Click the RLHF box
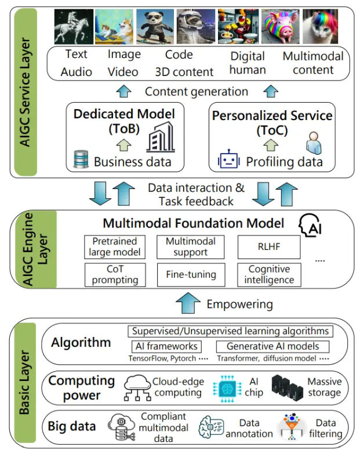(x=269, y=247)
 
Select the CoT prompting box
(x=115, y=274)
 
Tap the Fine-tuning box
(x=190, y=274)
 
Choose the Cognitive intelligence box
(x=269, y=274)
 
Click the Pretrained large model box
(x=115, y=247)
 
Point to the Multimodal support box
(x=190, y=247)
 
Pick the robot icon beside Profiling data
(x=228, y=159)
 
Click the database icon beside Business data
(x=81, y=159)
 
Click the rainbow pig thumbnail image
(x=280, y=27)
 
